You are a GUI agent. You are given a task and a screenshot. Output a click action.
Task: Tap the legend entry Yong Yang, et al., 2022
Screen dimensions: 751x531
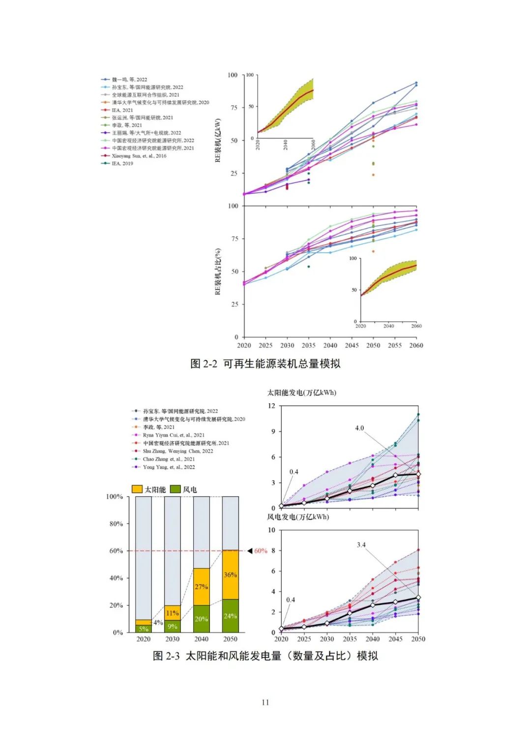[x=169, y=467]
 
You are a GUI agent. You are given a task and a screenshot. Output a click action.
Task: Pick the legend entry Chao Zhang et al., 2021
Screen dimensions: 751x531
[x=169, y=459]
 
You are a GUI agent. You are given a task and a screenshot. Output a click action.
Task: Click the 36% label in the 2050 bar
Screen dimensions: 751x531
[x=230, y=574]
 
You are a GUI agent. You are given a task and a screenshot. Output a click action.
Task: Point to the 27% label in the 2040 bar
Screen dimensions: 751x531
[x=201, y=587]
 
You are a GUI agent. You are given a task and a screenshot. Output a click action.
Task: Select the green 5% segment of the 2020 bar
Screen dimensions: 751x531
[x=143, y=629]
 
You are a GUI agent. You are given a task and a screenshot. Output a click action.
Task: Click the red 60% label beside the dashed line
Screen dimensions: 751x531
[x=261, y=551]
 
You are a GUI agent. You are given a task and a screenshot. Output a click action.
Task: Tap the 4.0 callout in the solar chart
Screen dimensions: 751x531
[x=359, y=428]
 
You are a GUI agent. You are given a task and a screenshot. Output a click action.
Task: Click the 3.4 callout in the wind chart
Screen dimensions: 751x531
[x=361, y=545]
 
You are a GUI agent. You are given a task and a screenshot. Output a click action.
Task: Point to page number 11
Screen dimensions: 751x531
[x=265, y=702]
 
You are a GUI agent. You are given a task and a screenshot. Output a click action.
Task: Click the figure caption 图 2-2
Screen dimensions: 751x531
[x=265, y=364]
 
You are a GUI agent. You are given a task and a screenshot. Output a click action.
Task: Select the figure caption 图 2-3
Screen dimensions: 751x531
[x=265, y=656]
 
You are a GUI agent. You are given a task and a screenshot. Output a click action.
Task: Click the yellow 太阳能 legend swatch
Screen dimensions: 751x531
[x=137, y=489]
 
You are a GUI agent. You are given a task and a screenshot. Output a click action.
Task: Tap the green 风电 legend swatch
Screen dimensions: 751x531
[x=175, y=489]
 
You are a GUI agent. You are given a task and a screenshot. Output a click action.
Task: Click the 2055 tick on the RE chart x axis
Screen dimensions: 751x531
[x=395, y=345]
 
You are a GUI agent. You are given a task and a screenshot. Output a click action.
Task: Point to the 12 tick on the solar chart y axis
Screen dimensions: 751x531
[x=271, y=406]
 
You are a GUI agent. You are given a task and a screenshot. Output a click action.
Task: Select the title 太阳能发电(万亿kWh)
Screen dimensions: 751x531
[x=301, y=392]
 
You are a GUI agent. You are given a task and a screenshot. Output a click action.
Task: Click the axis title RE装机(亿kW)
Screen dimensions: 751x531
[x=218, y=140]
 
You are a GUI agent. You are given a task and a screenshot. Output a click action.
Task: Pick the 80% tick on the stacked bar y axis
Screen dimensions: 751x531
[x=116, y=524]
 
